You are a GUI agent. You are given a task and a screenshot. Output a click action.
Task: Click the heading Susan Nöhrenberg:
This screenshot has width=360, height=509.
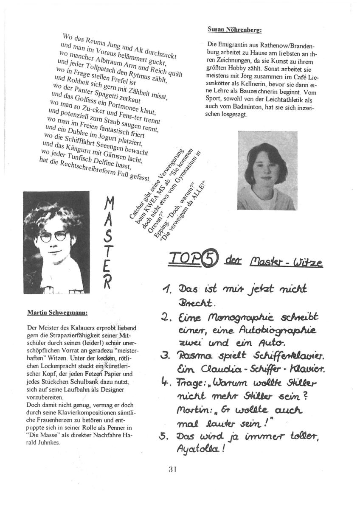pos(234,30)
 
